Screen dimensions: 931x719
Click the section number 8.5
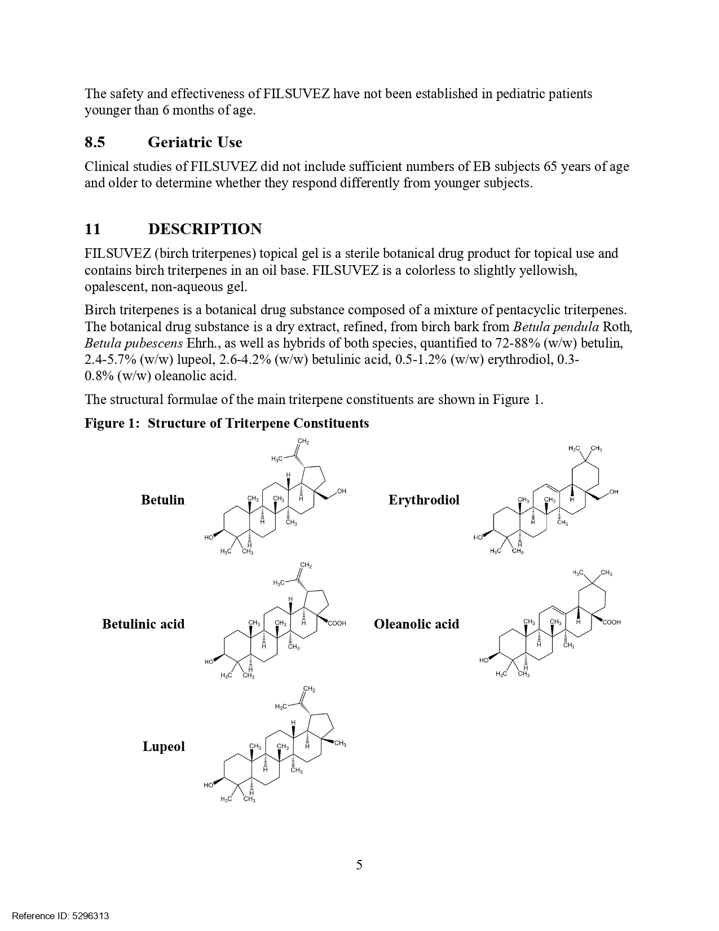(x=95, y=142)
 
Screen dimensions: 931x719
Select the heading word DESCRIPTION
(x=205, y=229)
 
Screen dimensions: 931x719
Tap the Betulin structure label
(x=162, y=500)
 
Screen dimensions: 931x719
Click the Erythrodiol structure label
(x=424, y=500)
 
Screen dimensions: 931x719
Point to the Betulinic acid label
(x=143, y=624)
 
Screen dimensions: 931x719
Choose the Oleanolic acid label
(x=416, y=624)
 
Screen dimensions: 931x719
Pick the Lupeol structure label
(x=164, y=746)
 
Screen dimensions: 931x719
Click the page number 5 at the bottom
(x=359, y=865)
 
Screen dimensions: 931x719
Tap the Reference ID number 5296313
(x=91, y=916)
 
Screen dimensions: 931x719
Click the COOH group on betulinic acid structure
(x=337, y=623)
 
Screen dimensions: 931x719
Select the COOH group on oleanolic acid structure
(x=611, y=622)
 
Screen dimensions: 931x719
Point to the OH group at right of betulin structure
(x=342, y=491)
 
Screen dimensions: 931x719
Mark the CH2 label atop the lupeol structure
(x=309, y=689)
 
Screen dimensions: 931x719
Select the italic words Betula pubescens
(x=134, y=343)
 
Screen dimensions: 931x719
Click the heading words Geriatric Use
(x=195, y=142)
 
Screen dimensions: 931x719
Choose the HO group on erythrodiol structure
(x=478, y=537)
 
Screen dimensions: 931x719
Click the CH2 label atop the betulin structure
(x=303, y=441)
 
